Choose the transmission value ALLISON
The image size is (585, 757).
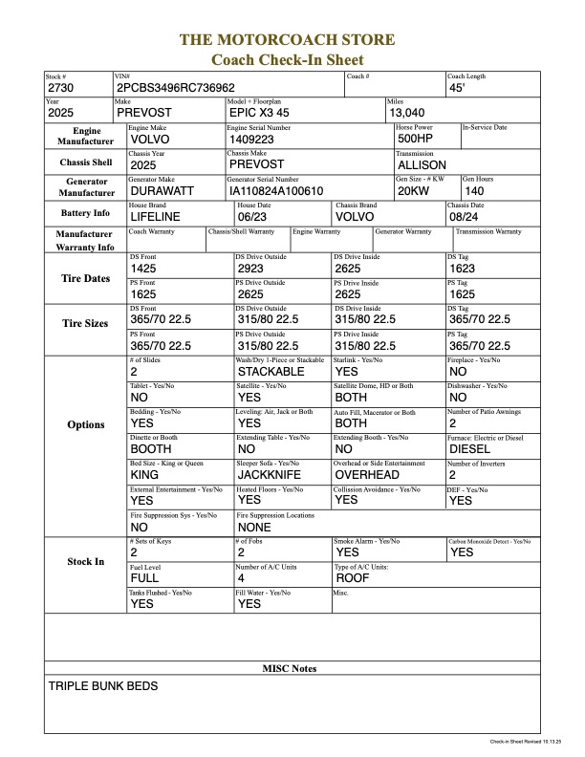click(x=421, y=164)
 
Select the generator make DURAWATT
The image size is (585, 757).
click(x=162, y=190)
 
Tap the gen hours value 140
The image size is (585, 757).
click(x=475, y=190)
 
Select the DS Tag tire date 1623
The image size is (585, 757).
click(x=462, y=270)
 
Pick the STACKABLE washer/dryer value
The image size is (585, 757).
click(x=271, y=372)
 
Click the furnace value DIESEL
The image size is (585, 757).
click(x=469, y=448)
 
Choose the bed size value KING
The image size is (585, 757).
click(x=144, y=474)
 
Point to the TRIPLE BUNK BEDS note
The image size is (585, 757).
click(x=103, y=686)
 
